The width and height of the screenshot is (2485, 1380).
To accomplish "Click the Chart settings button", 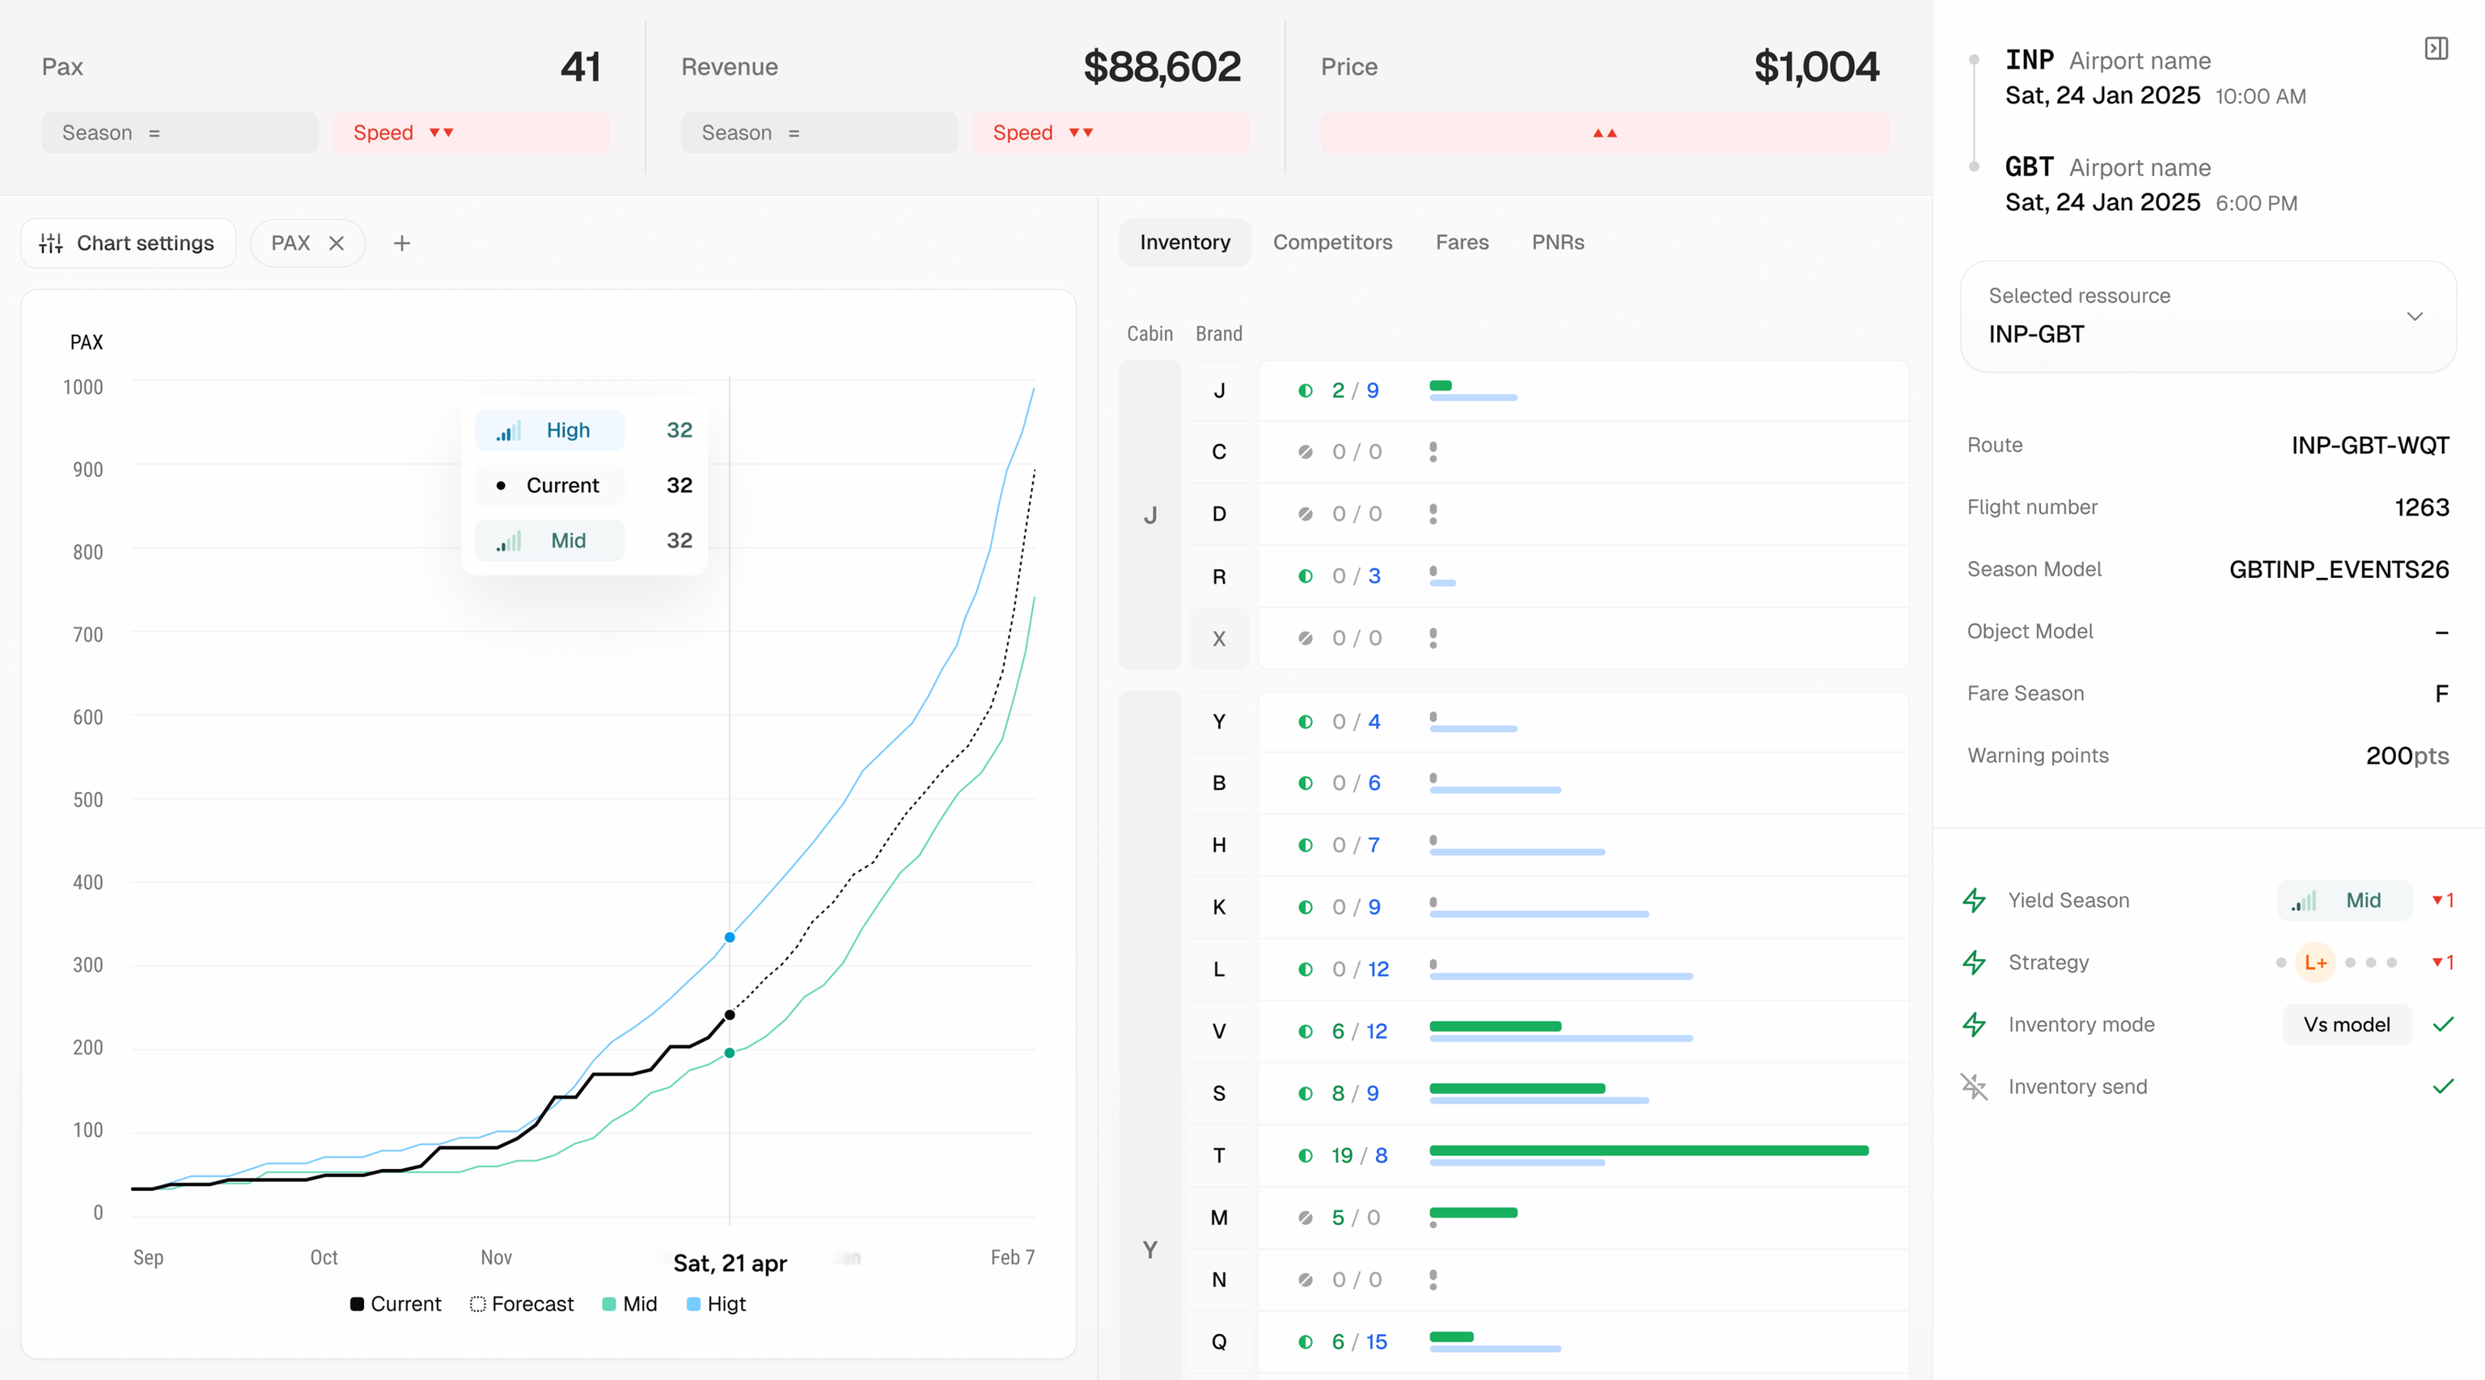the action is pos(127,243).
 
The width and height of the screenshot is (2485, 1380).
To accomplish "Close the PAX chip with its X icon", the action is pos(337,243).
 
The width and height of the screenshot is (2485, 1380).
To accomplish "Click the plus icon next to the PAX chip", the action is pos(402,243).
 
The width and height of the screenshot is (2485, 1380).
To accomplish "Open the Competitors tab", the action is pos(1332,242).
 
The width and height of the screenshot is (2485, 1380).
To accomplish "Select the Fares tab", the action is pos(1462,242).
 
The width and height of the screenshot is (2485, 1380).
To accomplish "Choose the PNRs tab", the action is pos(1558,242).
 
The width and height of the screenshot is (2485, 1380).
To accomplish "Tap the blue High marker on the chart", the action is pos(730,937).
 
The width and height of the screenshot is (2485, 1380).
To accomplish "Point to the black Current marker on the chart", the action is pos(730,1015).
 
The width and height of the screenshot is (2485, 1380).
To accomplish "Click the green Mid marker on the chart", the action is pos(730,1053).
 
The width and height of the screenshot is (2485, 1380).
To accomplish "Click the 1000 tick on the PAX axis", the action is pos(83,386).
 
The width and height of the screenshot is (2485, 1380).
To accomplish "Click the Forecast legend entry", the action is pos(522,1304).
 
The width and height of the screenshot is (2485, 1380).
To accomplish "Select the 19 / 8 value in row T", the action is pos(1359,1155).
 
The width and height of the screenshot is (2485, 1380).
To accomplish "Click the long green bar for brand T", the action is pos(1649,1150).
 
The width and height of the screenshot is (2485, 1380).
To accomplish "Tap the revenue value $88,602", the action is pos(1162,66).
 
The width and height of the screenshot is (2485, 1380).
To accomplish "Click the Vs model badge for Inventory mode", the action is pos(2347,1024).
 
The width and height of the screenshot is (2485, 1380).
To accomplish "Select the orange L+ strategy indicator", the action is pos(2315,962).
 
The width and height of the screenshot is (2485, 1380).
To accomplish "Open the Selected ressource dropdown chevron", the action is pos(2415,316).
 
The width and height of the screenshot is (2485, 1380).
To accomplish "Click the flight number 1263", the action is pos(2421,507).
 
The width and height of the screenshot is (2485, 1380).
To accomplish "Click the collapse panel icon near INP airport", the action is pos(2436,49).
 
